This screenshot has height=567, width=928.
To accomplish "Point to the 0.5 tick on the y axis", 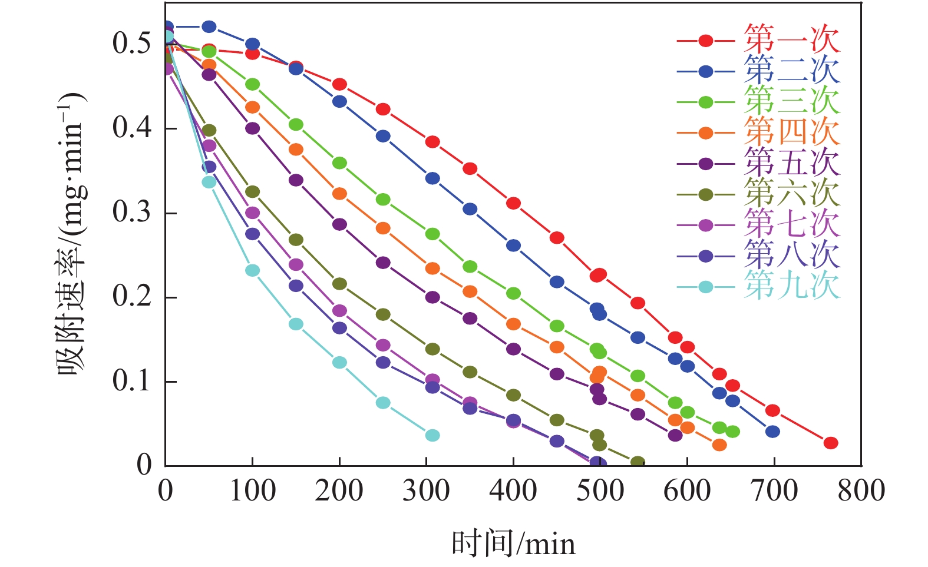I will click(131, 44).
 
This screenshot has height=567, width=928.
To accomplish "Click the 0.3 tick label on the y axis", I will click(131, 213).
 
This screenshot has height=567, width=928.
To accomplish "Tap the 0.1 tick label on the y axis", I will click(131, 382).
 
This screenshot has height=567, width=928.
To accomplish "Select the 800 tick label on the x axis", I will click(861, 491).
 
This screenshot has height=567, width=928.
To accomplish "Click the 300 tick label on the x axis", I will click(426, 491).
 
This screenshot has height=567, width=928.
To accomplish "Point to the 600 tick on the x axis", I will click(687, 491).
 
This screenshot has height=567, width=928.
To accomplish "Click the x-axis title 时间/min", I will click(513, 543).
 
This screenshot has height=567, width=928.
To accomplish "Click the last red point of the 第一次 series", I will click(831, 443).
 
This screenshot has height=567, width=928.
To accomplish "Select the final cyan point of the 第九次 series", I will click(432, 435).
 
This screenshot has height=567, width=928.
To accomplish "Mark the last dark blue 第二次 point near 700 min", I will click(773, 432).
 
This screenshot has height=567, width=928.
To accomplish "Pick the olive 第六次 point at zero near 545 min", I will click(638, 462).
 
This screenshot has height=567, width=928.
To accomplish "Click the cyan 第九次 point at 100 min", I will click(252, 270).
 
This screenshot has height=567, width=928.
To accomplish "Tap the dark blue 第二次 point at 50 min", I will click(209, 26).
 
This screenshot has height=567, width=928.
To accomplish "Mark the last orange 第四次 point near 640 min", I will click(719, 445).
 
